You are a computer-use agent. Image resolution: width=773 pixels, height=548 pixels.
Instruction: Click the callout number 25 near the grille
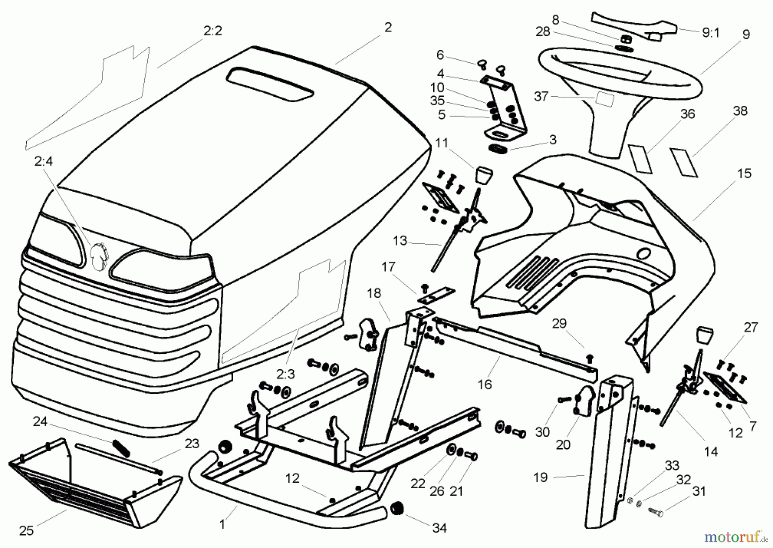click(x=26, y=531)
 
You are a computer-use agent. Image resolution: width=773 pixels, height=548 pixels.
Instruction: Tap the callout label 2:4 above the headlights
click(x=43, y=162)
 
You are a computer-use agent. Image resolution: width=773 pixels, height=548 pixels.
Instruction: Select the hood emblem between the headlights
click(x=98, y=256)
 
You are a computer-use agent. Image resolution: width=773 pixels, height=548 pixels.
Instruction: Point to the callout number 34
click(x=439, y=528)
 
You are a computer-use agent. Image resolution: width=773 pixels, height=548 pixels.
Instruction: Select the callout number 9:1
click(x=710, y=33)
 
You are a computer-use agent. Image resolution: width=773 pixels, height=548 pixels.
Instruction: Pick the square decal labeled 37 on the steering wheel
click(x=604, y=101)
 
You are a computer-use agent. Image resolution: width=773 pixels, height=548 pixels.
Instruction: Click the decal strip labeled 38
click(x=684, y=162)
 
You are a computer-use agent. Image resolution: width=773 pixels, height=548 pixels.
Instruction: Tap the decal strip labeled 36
click(x=640, y=159)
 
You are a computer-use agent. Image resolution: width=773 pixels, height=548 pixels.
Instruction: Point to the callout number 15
click(x=744, y=174)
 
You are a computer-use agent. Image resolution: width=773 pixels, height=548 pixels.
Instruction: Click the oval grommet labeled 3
click(x=498, y=148)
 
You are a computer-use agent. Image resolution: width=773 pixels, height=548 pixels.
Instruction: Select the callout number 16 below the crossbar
click(x=484, y=384)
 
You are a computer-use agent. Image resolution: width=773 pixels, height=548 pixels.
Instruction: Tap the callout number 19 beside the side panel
click(x=540, y=478)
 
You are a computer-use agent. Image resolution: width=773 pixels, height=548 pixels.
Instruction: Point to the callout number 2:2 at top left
click(x=212, y=31)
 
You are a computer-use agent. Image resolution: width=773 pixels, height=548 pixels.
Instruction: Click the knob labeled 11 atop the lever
click(x=484, y=175)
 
